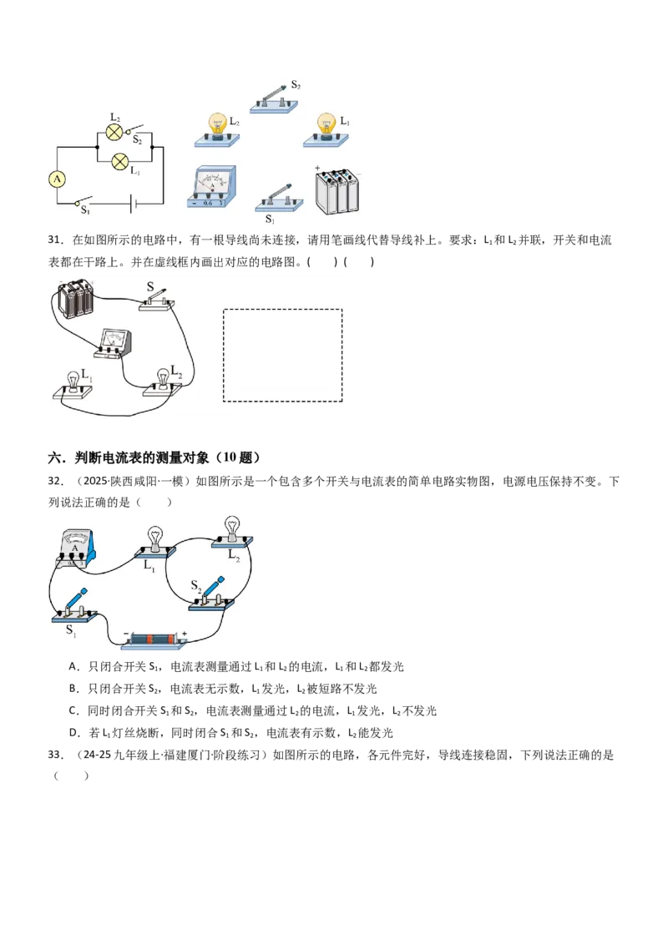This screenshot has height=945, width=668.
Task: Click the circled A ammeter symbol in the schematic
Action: point(58,179)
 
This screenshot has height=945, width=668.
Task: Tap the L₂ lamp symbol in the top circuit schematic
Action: point(114,132)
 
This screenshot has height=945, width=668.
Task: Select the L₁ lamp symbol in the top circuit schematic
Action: point(120,161)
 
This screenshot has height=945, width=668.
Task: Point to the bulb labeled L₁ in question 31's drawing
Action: point(73,387)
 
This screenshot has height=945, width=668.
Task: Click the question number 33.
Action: point(54,755)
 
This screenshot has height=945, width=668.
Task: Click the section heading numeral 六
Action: point(54,458)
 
